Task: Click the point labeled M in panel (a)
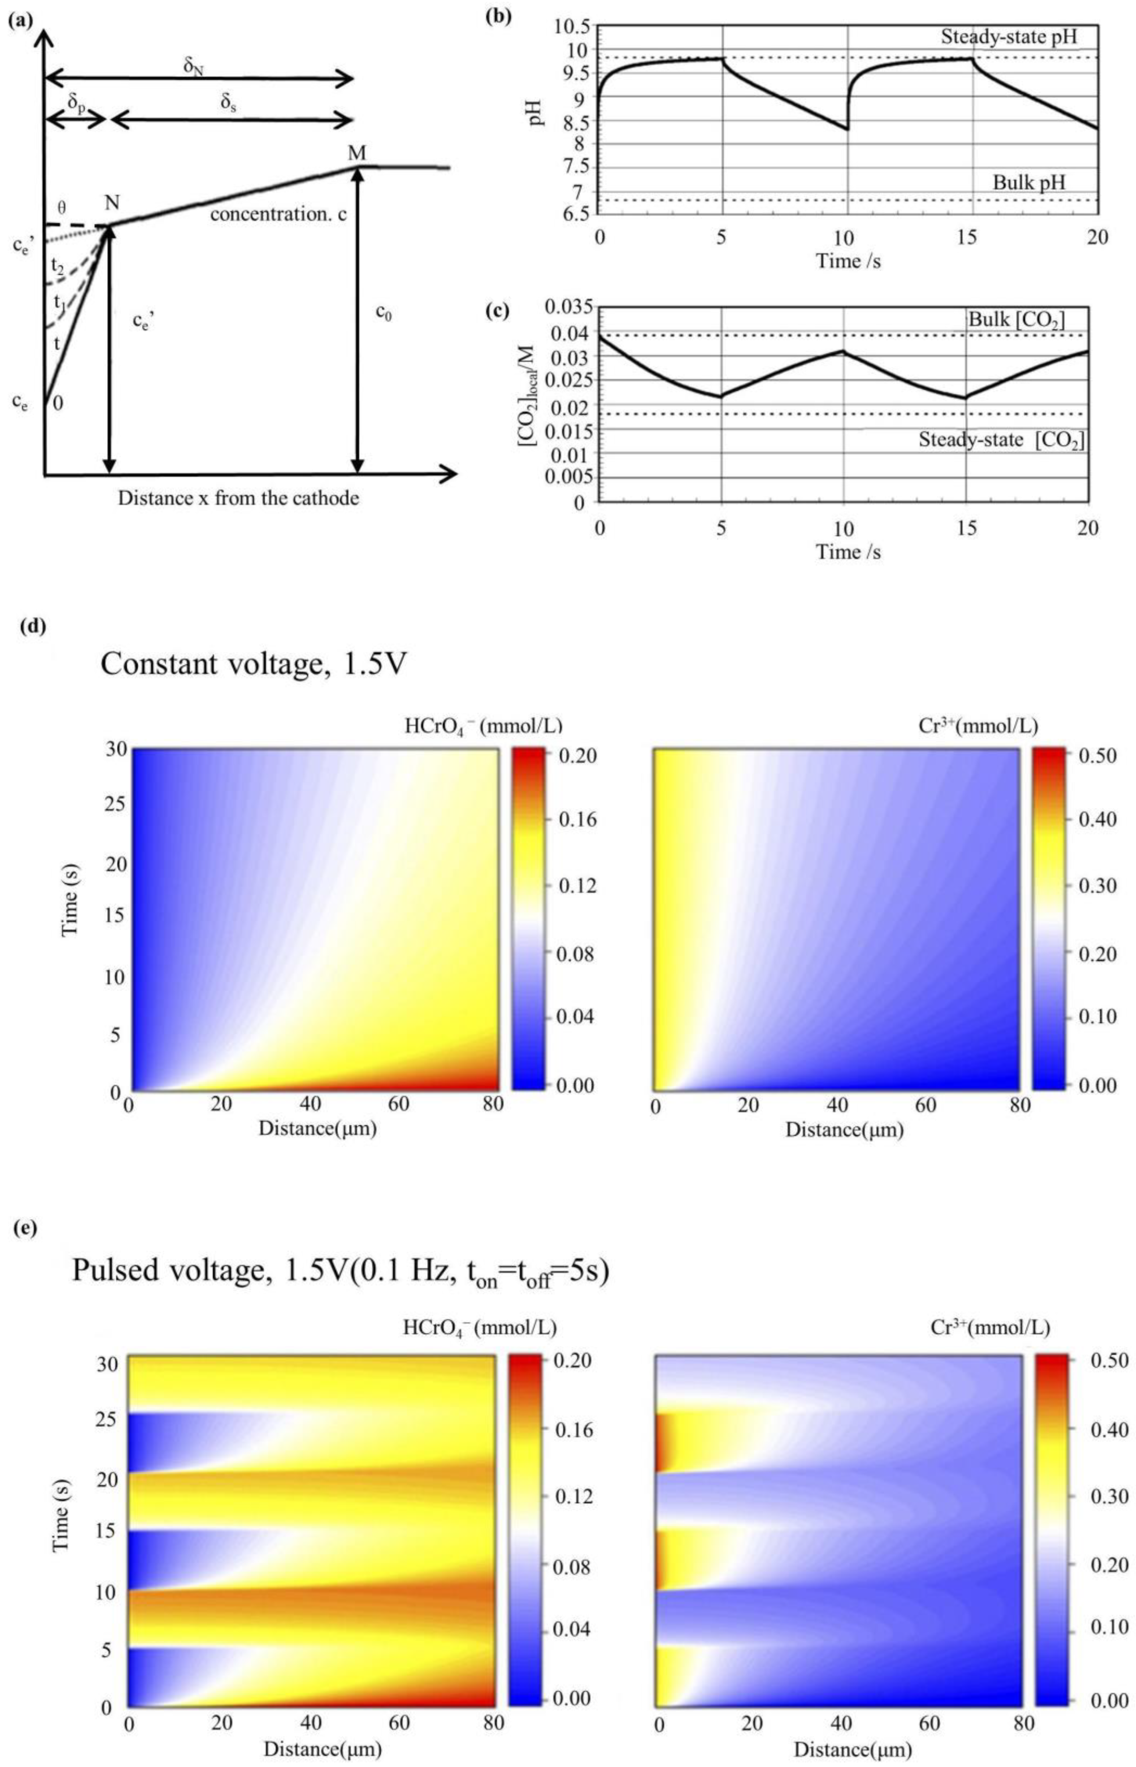(357, 153)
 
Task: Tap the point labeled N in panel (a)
(112, 203)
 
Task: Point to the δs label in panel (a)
(230, 103)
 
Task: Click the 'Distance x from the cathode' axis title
(238, 498)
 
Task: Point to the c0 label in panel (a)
(383, 312)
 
